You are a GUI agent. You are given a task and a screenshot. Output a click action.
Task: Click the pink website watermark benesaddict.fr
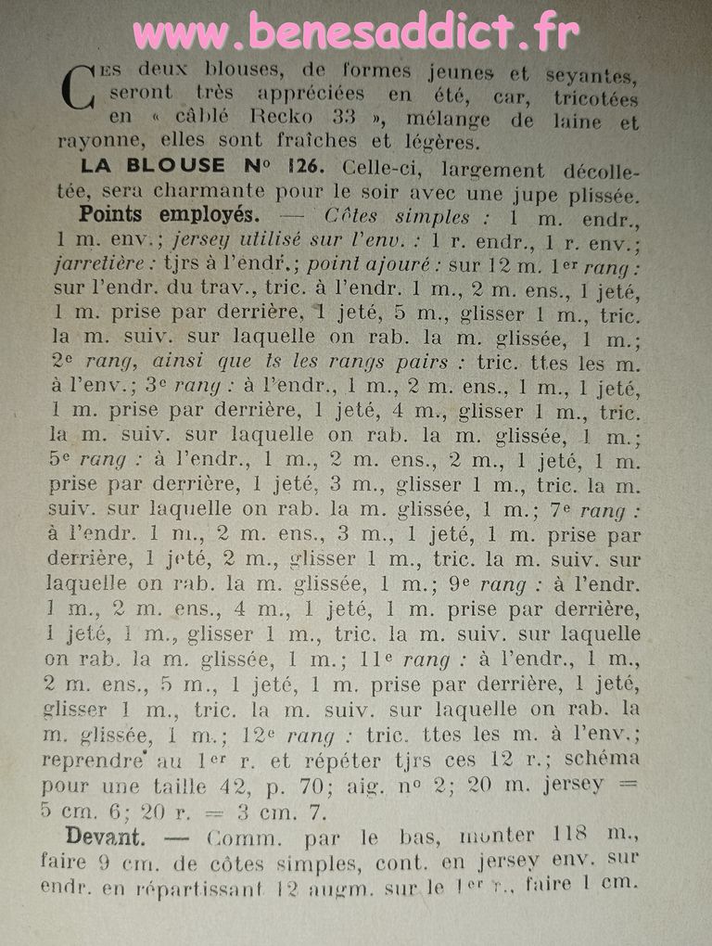[x=356, y=34]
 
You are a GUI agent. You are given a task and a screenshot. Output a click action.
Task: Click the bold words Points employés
[x=168, y=214]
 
